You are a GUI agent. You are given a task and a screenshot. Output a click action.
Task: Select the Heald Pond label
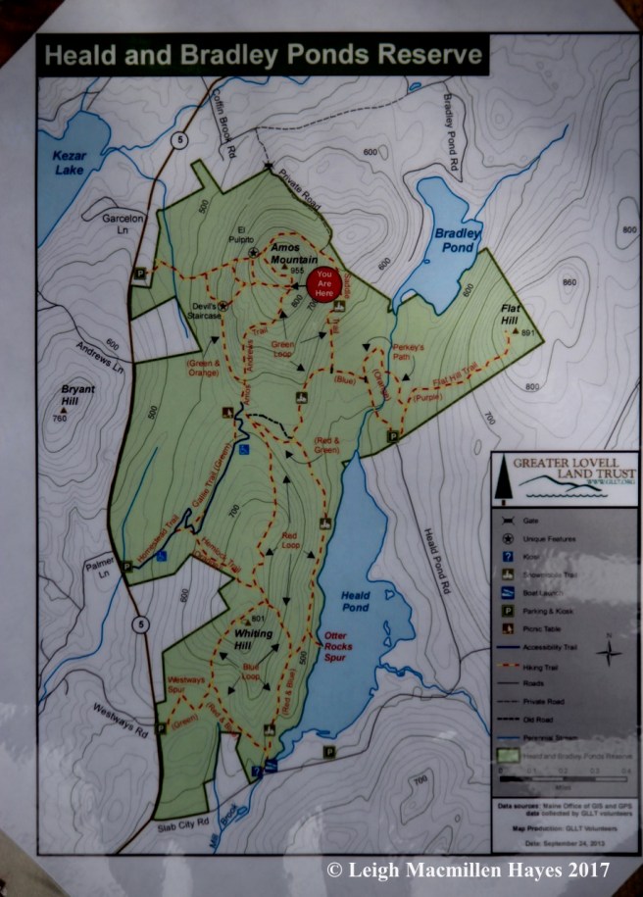tap(353, 601)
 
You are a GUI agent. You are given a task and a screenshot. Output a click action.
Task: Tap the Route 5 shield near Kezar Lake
tap(178, 141)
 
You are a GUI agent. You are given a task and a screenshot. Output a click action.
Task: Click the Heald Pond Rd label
tap(435, 559)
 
